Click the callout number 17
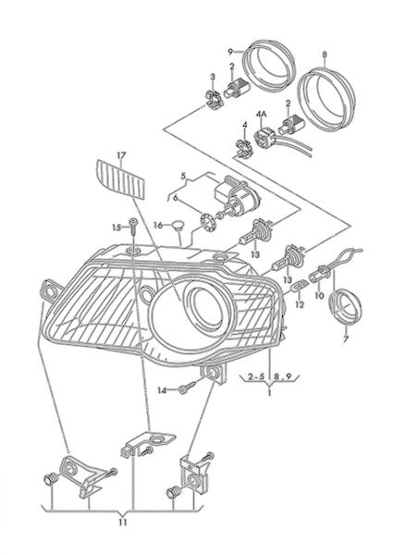(x=121, y=155)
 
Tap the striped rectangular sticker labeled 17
(x=120, y=179)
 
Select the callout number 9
(x=230, y=52)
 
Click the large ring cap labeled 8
(x=325, y=101)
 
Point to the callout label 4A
(x=262, y=114)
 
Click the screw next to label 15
(x=134, y=227)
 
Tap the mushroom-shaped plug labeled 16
(x=179, y=226)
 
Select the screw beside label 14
(x=189, y=388)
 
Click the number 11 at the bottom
(x=122, y=523)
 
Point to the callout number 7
(x=346, y=339)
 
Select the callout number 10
(x=319, y=295)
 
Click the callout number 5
(x=183, y=176)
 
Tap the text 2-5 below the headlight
(x=256, y=376)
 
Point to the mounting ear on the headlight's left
(x=50, y=290)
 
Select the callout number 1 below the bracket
(x=269, y=392)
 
